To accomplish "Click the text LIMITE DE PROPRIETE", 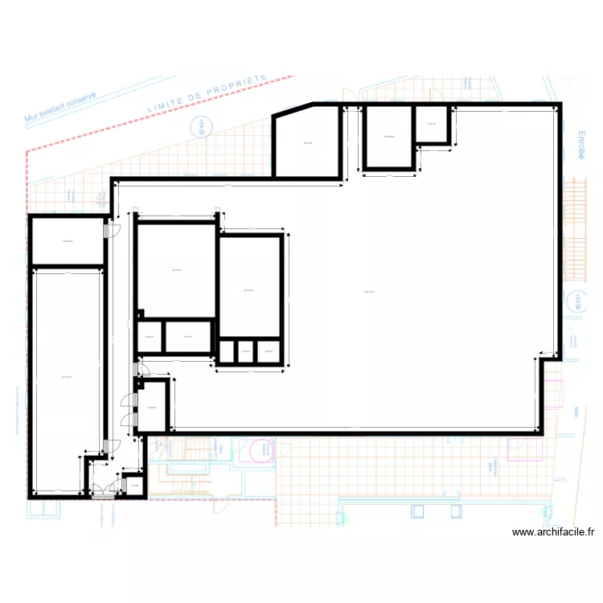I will (207, 94).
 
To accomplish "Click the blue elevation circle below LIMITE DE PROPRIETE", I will (199, 127).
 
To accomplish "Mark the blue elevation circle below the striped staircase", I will (575, 302).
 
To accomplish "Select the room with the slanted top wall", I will (307, 143).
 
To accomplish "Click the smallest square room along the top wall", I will (432, 125).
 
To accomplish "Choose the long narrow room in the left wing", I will (68, 378).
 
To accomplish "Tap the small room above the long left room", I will (68, 241).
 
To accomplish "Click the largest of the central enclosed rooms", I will (175, 270).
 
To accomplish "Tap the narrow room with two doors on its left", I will (154, 407).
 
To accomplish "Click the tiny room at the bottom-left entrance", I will (133, 486).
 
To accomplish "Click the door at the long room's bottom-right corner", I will (108, 446).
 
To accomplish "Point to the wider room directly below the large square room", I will (188, 337).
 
